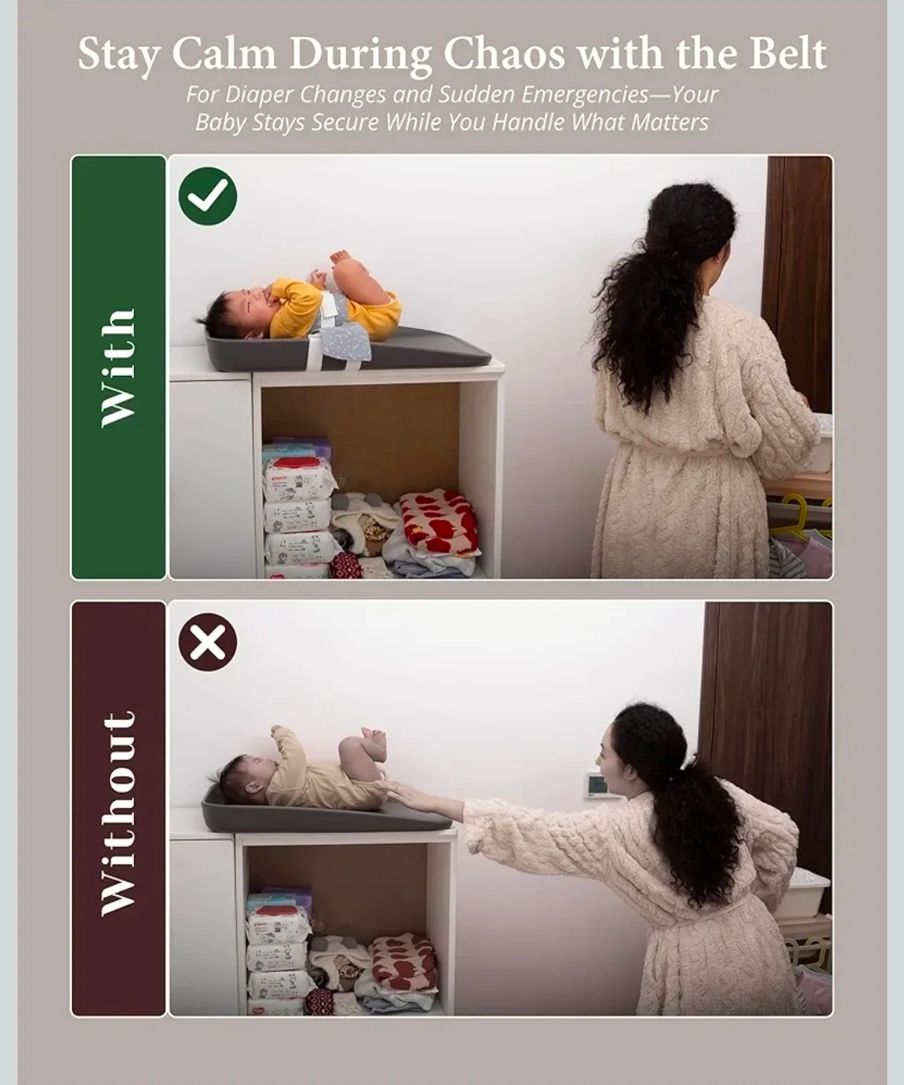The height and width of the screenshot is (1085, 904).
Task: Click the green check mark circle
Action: click(208, 197)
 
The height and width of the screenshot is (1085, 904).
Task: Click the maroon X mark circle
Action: click(208, 642)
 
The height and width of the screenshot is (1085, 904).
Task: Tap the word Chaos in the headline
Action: click(504, 53)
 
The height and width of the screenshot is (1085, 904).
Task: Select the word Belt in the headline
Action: click(788, 53)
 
